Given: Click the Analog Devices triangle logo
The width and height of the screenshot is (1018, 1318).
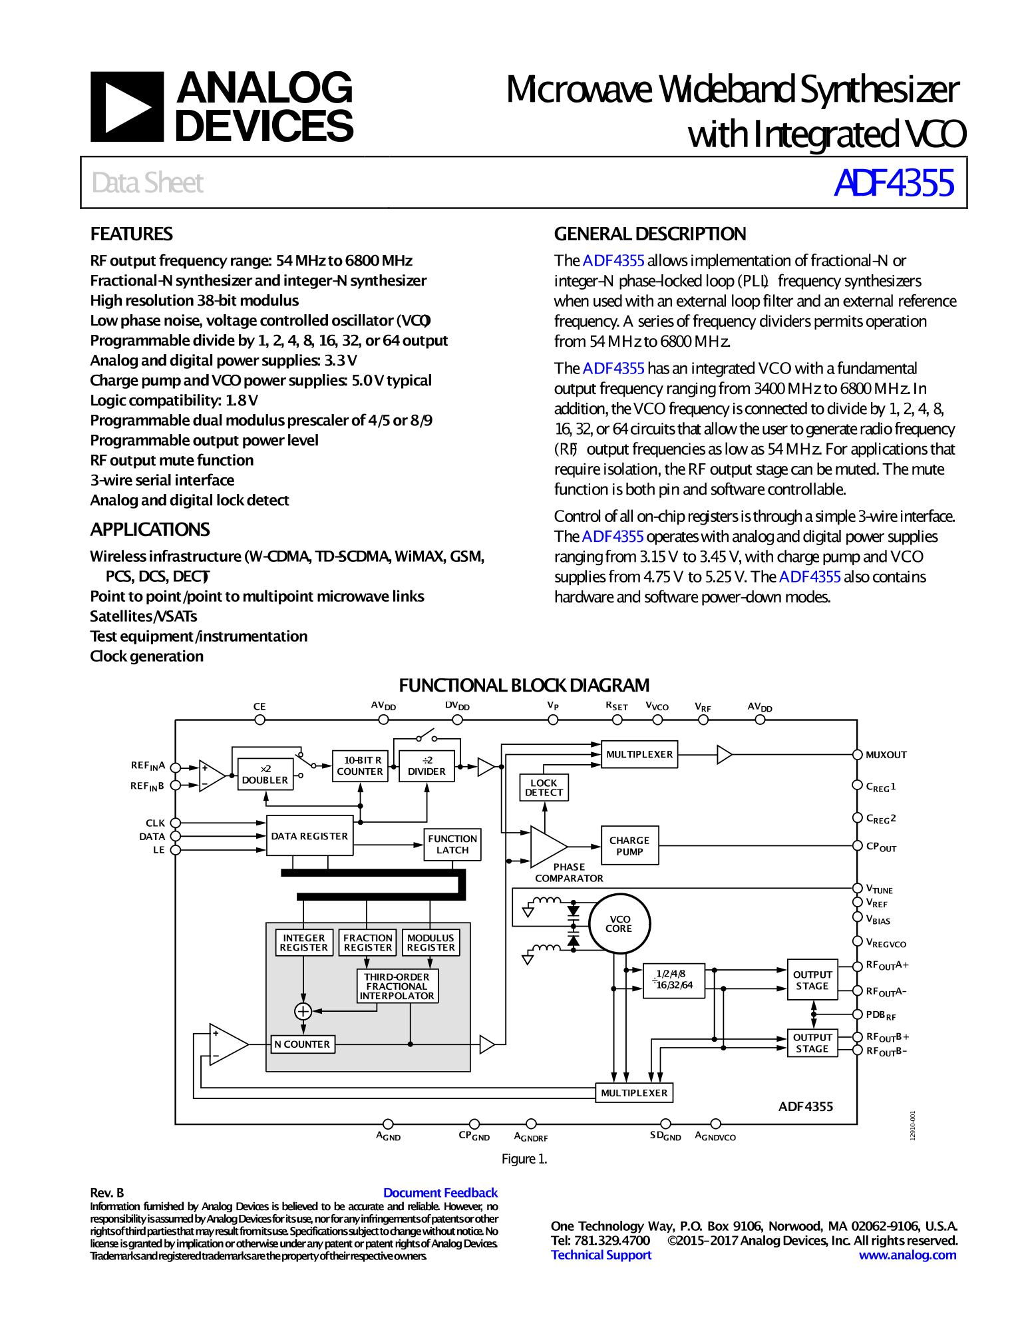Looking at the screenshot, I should click(127, 107).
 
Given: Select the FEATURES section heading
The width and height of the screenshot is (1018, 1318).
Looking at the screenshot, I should click(132, 234).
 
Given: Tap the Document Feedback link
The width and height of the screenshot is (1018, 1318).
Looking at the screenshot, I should click(440, 1193).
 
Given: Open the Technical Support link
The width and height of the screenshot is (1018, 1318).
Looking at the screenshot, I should click(601, 1255).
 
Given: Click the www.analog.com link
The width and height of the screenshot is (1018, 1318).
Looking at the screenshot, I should click(907, 1255).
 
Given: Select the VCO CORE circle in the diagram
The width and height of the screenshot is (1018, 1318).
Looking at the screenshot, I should click(619, 924).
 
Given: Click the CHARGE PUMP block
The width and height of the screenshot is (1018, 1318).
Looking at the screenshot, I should click(629, 845).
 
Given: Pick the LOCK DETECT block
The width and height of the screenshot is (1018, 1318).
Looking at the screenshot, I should click(544, 787).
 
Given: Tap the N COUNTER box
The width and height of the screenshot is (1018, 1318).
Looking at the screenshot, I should click(303, 1044).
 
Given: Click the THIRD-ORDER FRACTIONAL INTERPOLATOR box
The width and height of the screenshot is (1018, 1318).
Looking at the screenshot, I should click(397, 986).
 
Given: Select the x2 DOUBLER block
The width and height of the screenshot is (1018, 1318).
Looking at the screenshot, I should click(265, 774).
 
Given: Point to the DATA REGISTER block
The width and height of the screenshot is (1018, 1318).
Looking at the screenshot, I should click(309, 836).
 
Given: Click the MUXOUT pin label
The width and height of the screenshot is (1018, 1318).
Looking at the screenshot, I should click(886, 755).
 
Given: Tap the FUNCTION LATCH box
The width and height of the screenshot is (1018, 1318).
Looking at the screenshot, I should click(452, 845).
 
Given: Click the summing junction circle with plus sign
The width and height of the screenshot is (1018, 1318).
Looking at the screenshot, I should click(303, 1011).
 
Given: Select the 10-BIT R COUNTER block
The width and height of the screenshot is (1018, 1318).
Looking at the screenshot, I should click(360, 766).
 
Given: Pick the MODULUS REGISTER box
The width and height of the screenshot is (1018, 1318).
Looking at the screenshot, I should click(430, 943).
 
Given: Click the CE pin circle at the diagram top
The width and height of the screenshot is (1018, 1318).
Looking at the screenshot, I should click(259, 720).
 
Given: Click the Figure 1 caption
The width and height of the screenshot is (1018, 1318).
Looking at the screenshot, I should click(524, 1159).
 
